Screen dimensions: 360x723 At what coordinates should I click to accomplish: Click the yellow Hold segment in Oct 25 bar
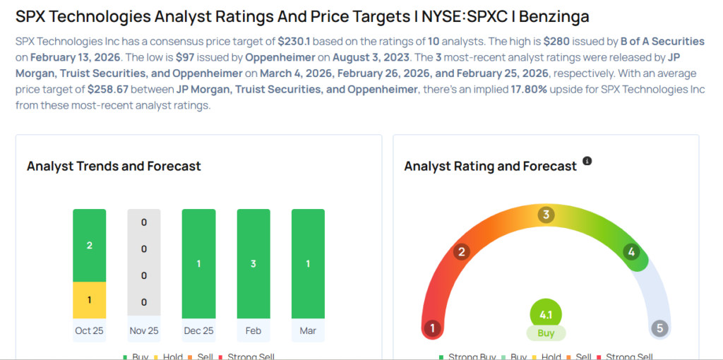[x=89, y=300]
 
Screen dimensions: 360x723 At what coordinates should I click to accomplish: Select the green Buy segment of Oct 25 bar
[x=89, y=246]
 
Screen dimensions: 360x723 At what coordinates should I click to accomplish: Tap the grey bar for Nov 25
[x=144, y=263]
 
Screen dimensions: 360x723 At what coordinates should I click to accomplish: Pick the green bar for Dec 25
[x=198, y=263]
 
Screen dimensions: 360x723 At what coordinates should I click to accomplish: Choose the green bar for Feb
[x=253, y=263]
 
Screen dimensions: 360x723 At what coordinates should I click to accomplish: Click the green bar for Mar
[x=308, y=263]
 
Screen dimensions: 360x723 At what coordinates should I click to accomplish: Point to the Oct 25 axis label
[x=89, y=330]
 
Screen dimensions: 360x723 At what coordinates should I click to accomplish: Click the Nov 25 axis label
[x=144, y=330]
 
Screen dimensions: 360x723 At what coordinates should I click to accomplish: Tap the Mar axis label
[x=308, y=330]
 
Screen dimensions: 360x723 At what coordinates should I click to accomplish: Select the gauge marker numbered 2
[x=462, y=252]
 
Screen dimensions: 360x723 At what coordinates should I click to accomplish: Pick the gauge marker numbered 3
[x=546, y=215]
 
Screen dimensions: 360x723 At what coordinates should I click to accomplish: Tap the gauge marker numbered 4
[x=631, y=252]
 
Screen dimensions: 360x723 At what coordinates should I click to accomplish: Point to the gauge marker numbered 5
[x=660, y=328]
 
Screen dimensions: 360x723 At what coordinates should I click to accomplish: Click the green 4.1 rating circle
[x=546, y=314]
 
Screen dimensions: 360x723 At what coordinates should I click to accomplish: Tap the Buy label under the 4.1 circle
[x=546, y=332]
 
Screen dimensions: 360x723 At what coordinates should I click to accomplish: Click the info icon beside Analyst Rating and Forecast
[x=587, y=162]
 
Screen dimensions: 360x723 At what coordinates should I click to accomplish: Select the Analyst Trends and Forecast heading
[x=114, y=167]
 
